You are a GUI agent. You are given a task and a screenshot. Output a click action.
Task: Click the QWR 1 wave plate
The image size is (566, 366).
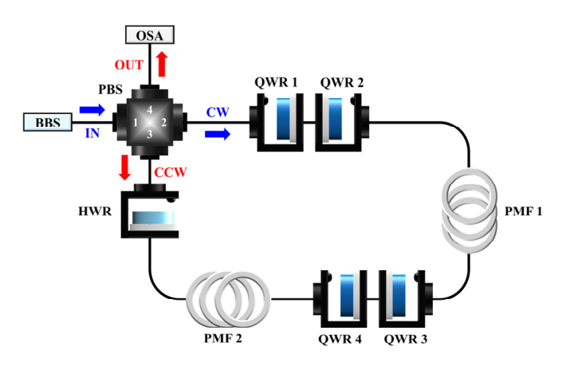click(281, 123)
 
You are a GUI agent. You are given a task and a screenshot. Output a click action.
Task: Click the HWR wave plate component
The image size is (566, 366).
click(151, 216)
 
